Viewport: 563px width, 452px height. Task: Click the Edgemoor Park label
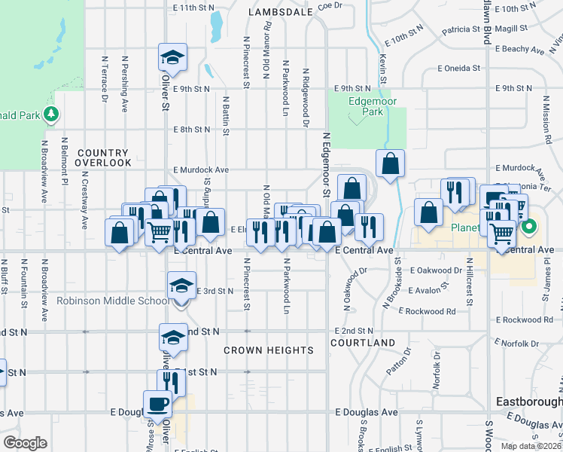(367, 105)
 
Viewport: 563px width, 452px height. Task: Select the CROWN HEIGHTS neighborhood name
(269, 350)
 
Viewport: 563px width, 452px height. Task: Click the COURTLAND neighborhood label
(363, 343)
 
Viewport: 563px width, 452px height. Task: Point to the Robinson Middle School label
(113, 301)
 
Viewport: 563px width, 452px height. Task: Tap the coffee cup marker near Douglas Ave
(158, 404)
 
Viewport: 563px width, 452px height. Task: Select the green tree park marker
(51, 115)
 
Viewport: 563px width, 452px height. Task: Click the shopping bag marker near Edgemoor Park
(390, 163)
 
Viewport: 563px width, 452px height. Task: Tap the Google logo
(25, 443)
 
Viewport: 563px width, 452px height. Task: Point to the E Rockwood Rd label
(428, 310)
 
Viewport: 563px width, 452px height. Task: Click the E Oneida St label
(459, 68)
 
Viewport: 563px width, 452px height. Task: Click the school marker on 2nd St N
(172, 337)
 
